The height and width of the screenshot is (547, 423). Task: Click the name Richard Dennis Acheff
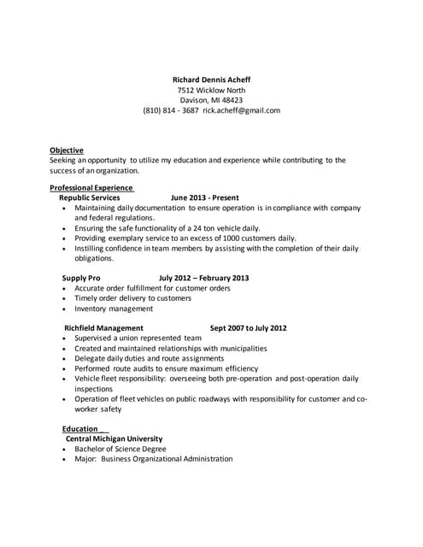211,79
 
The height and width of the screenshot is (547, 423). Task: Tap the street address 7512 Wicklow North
211,90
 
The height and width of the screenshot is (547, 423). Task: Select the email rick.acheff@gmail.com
241,110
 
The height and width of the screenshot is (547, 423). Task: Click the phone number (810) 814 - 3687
171,110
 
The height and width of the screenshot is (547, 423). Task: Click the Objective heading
67,150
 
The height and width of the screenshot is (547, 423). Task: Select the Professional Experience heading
91,187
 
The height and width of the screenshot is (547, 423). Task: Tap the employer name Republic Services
89,197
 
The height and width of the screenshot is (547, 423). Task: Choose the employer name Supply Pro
81,278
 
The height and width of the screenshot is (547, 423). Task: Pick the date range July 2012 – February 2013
204,278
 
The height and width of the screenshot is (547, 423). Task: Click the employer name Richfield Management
104,327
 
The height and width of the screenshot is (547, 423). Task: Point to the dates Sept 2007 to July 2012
248,327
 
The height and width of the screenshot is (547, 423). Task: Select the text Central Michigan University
114,438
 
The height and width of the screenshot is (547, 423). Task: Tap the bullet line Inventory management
114,309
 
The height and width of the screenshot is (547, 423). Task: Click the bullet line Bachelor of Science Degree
120,449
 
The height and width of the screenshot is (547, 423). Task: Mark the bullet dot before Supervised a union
65,338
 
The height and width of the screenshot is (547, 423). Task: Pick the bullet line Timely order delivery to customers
132,298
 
